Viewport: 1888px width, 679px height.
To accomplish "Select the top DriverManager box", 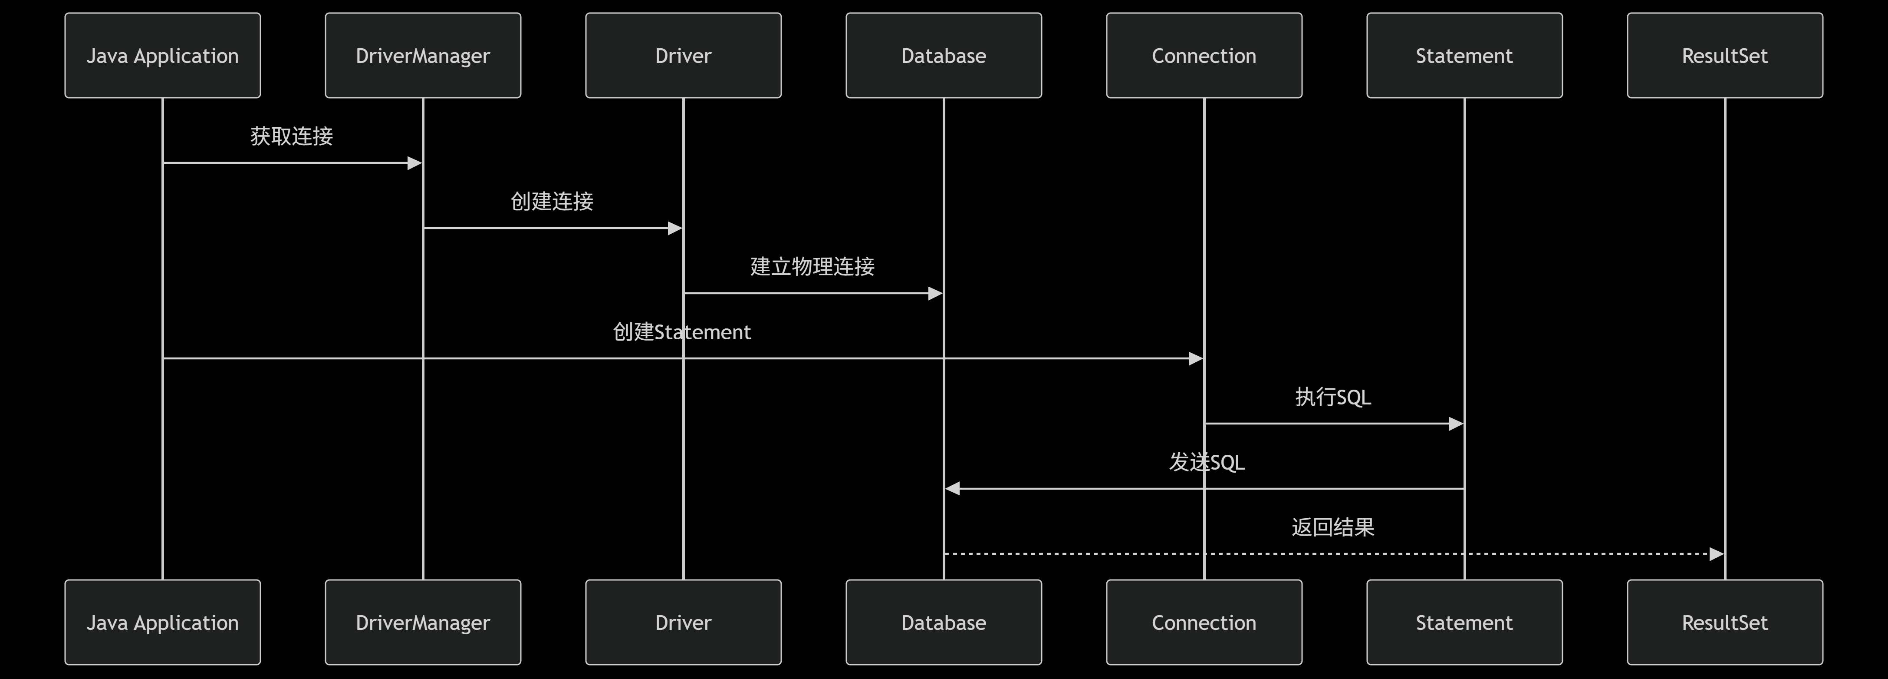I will (x=423, y=56).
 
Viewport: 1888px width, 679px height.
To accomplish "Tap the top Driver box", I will (x=683, y=56).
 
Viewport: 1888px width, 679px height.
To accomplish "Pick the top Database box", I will (x=943, y=56).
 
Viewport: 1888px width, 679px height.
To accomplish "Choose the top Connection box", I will (x=1204, y=56).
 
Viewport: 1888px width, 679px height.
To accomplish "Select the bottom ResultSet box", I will (x=1724, y=623).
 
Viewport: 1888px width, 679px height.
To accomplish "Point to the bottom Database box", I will (x=943, y=623).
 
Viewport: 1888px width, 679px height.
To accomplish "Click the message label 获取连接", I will (x=292, y=136).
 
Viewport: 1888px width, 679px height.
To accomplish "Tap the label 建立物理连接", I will (x=812, y=267).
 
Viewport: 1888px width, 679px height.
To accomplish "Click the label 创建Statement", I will (x=681, y=332).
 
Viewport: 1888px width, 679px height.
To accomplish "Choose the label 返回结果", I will (x=1332, y=527).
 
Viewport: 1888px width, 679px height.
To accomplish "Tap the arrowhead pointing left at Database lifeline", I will (x=953, y=488).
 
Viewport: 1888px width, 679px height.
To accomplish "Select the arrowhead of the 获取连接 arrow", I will (x=414, y=163).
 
